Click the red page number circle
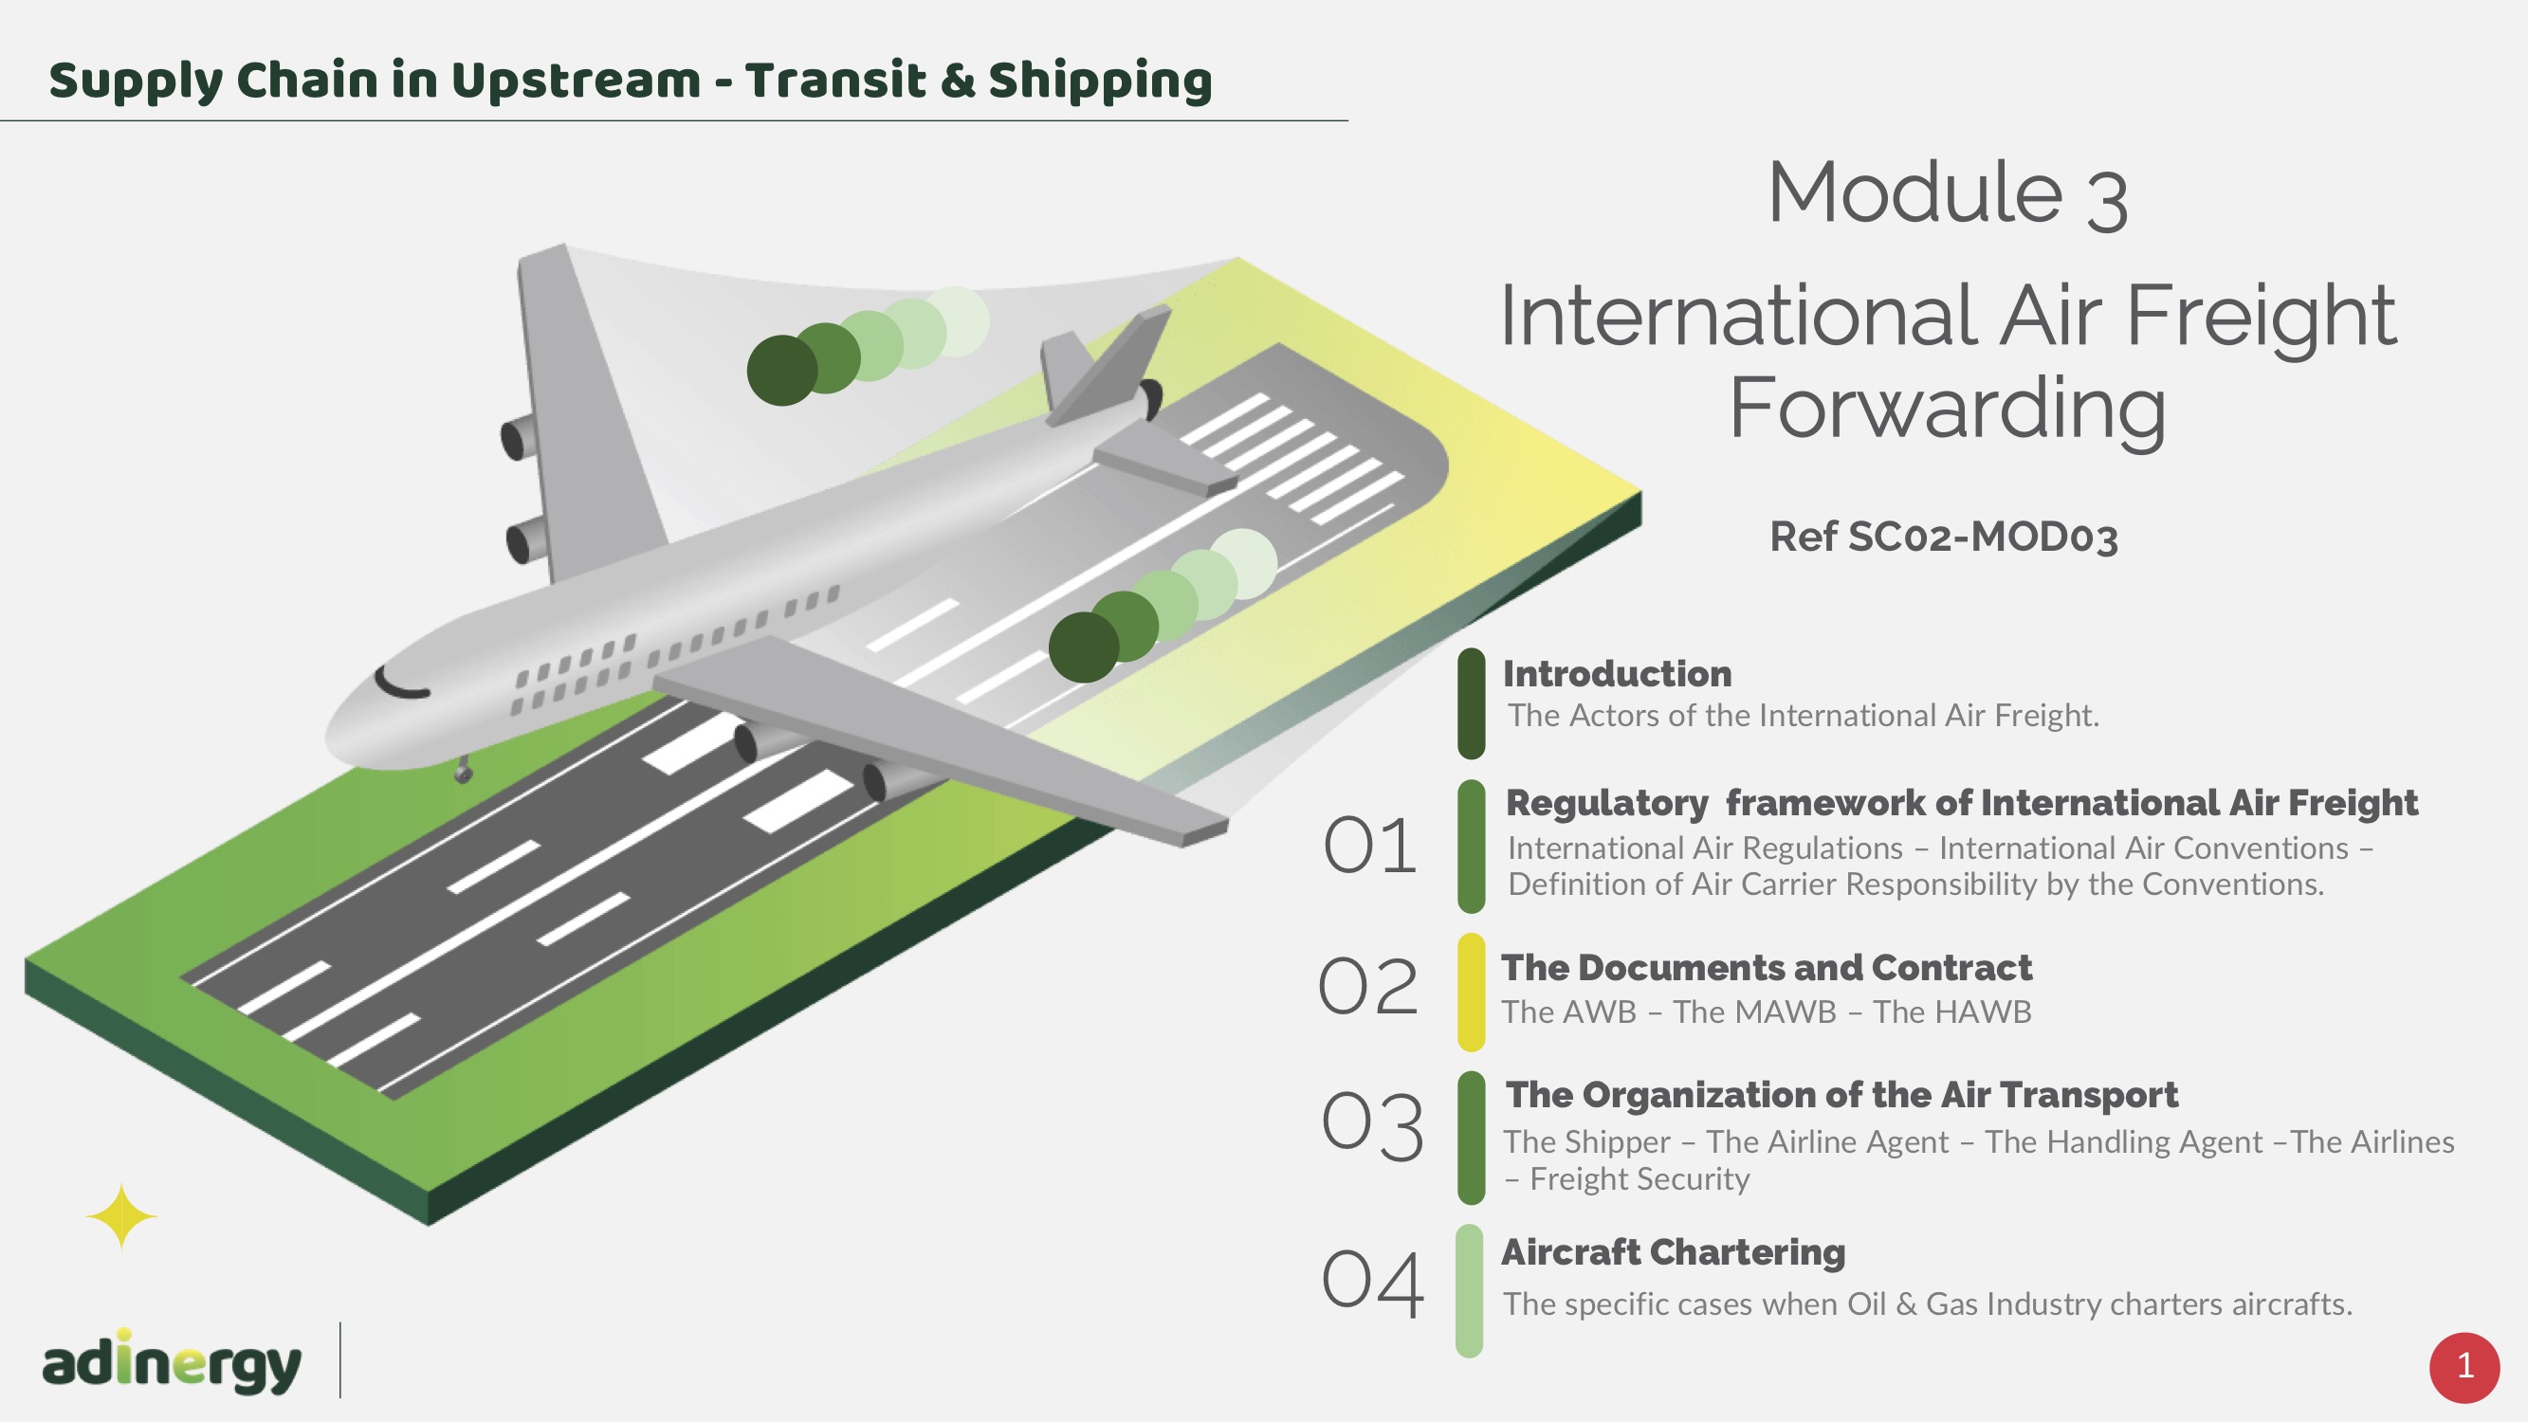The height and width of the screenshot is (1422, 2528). point(2464,1367)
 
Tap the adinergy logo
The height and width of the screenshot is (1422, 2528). point(171,1362)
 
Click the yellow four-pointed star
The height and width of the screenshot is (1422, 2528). point(121,1217)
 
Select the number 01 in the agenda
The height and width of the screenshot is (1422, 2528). point(1370,845)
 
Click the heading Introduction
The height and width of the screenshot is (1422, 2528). point(1618,674)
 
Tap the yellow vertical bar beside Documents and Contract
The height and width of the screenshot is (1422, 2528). point(1471,992)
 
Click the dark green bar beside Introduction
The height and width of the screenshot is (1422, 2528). point(1471,702)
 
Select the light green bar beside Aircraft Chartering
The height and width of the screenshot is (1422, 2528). point(1469,1290)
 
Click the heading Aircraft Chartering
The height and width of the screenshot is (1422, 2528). point(1674,1253)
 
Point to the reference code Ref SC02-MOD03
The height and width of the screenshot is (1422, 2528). point(1943,537)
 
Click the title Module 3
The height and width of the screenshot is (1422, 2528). point(1947,193)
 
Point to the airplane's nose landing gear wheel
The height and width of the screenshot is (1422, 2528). point(463,775)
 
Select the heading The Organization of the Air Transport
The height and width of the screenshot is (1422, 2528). point(1842,1095)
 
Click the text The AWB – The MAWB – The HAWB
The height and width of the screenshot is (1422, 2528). point(1767,1012)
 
